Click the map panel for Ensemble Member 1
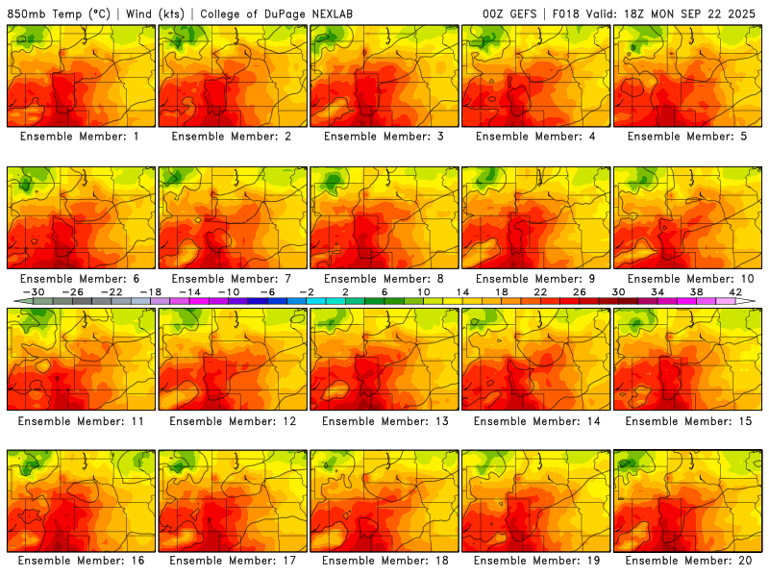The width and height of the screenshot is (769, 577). [x=80, y=75]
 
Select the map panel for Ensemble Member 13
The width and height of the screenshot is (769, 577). [x=384, y=358]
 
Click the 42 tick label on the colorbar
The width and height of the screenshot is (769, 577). [x=736, y=291]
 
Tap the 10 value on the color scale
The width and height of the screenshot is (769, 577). [x=424, y=291]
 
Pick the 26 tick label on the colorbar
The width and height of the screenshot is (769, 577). [x=580, y=291]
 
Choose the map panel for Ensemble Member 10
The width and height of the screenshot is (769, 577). [x=687, y=216]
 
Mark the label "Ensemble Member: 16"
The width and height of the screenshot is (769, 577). [x=81, y=561]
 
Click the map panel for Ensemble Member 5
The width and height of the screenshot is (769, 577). [x=687, y=75]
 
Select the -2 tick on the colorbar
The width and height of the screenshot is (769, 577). [x=307, y=291]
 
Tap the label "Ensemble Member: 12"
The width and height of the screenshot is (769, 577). [x=233, y=420]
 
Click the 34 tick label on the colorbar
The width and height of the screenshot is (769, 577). [x=658, y=291]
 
